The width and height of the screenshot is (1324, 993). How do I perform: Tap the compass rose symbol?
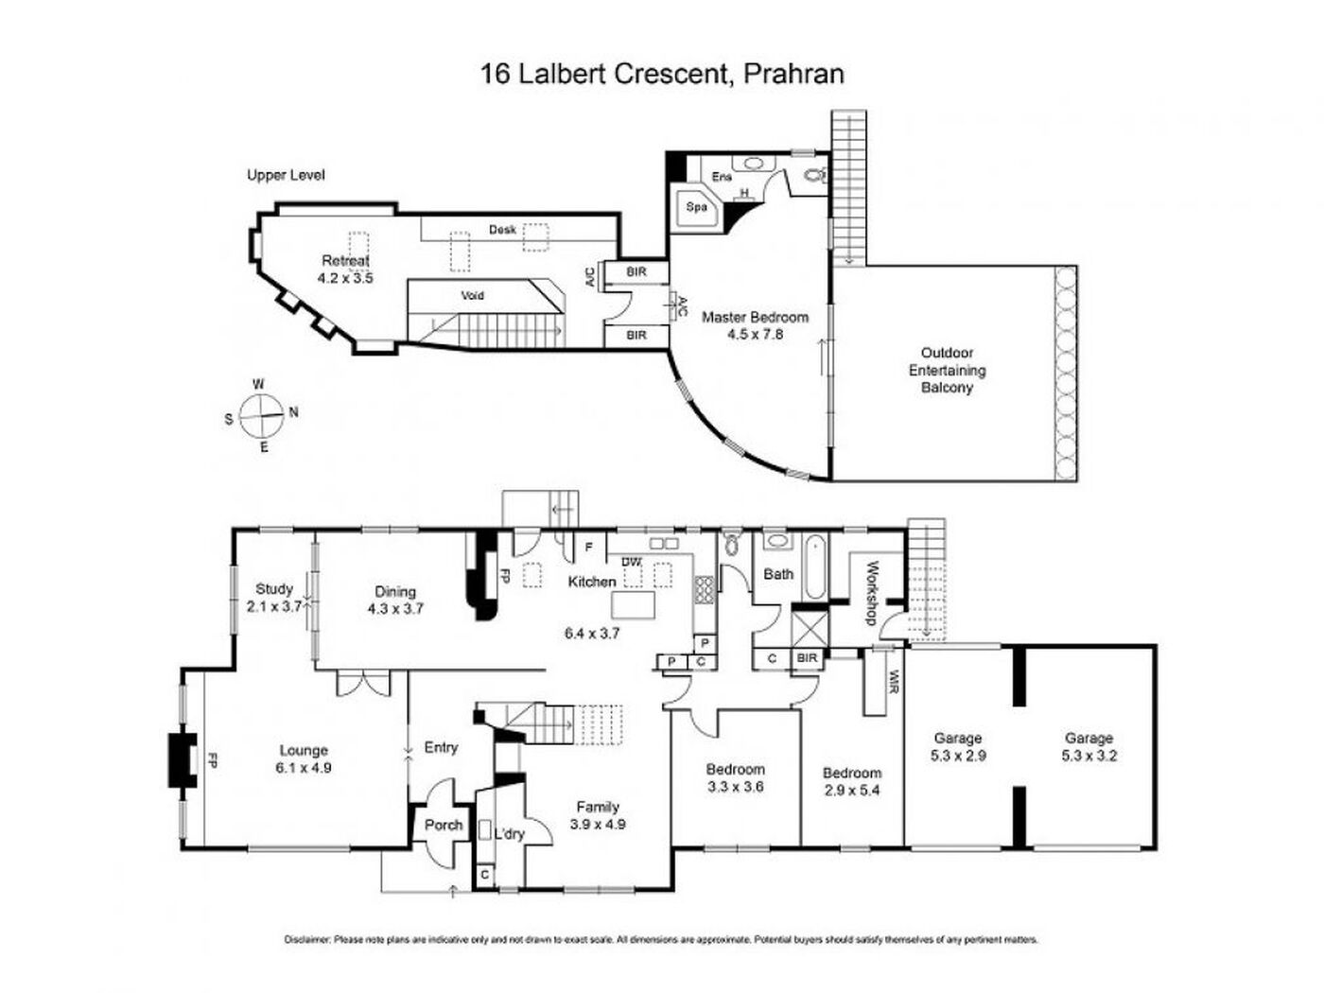click(x=262, y=416)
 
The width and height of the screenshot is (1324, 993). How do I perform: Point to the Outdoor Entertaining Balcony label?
click(x=947, y=370)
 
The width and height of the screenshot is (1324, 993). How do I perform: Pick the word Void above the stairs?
click(x=472, y=295)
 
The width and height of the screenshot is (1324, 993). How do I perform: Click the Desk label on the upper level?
click(x=502, y=230)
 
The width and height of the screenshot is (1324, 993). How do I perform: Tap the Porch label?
click(x=444, y=825)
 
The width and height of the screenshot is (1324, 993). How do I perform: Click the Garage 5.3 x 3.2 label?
click(x=1089, y=746)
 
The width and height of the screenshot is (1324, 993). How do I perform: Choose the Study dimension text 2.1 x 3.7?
click(x=274, y=606)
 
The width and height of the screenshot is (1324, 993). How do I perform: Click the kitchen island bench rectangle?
click(x=634, y=604)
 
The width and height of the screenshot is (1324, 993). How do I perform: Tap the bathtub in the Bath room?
click(x=813, y=566)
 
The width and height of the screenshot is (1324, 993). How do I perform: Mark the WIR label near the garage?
click(x=894, y=680)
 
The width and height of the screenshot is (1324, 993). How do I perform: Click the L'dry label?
click(x=509, y=834)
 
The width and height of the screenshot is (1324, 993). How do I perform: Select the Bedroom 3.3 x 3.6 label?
click(x=735, y=777)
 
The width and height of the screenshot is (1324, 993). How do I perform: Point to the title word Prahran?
click(x=793, y=74)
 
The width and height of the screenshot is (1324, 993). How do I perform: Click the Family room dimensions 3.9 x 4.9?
click(x=597, y=824)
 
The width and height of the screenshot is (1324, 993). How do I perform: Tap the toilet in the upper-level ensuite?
click(x=815, y=175)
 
